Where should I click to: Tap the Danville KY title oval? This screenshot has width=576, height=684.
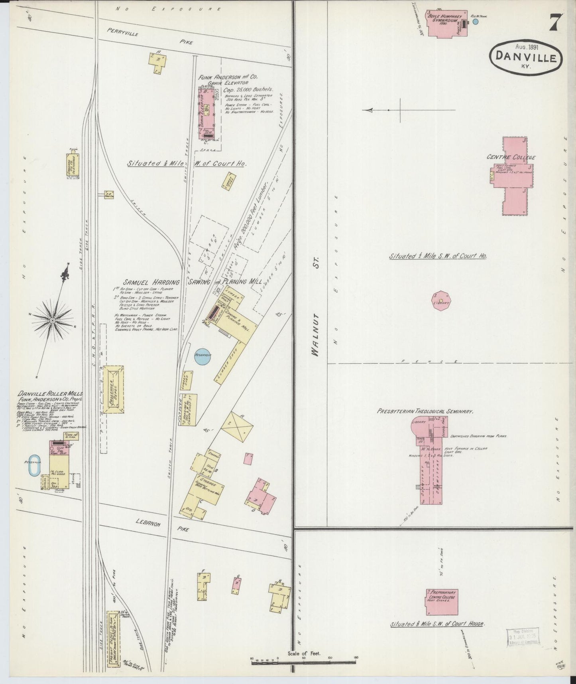click(x=525, y=57)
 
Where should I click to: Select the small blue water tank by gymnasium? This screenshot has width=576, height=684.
click(x=475, y=22)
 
